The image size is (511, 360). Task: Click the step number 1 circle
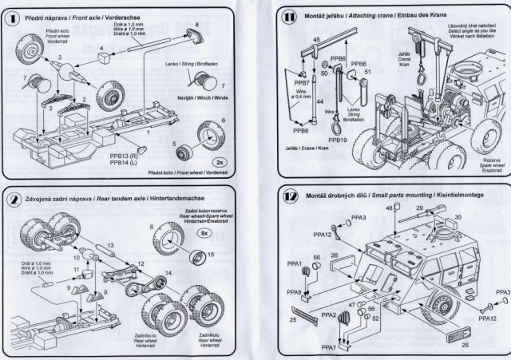(x=14, y=15)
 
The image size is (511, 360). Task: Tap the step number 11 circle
(x=291, y=15)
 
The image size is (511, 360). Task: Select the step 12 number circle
(x=291, y=196)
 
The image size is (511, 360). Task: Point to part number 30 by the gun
(x=458, y=217)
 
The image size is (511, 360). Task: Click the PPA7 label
(x=328, y=347)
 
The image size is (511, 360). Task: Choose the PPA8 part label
(x=295, y=292)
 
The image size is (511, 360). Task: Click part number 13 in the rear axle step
(x=112, y=244)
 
